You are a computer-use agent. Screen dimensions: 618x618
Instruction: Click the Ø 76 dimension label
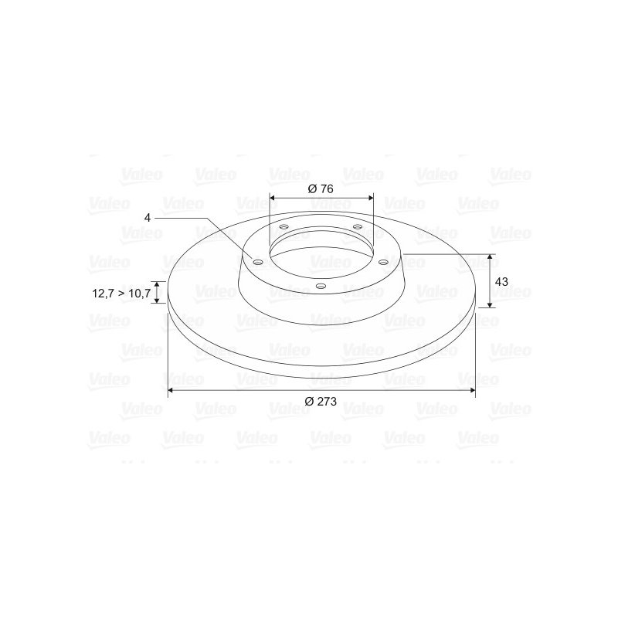pyautogui.click(x=321, y=189)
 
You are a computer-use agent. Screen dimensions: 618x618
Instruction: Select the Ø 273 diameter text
pyautogui.click(x=321, y=402)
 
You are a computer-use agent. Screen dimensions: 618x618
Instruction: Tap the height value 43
pyautogui.click(x=501, y=281)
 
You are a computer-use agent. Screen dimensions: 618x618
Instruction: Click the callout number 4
pyautogui.click(x=146, y=218)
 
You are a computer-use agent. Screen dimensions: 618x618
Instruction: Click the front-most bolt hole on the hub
pyautogui.click(x=321, y=287)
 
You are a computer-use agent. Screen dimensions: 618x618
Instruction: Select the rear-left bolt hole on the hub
pyautogui.click(x=284, y=227)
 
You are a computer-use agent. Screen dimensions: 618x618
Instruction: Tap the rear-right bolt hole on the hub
pyautogui.click(x=357, y=226)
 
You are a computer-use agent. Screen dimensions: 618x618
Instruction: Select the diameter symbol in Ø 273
pyautogui.click(x=309, y=402)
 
